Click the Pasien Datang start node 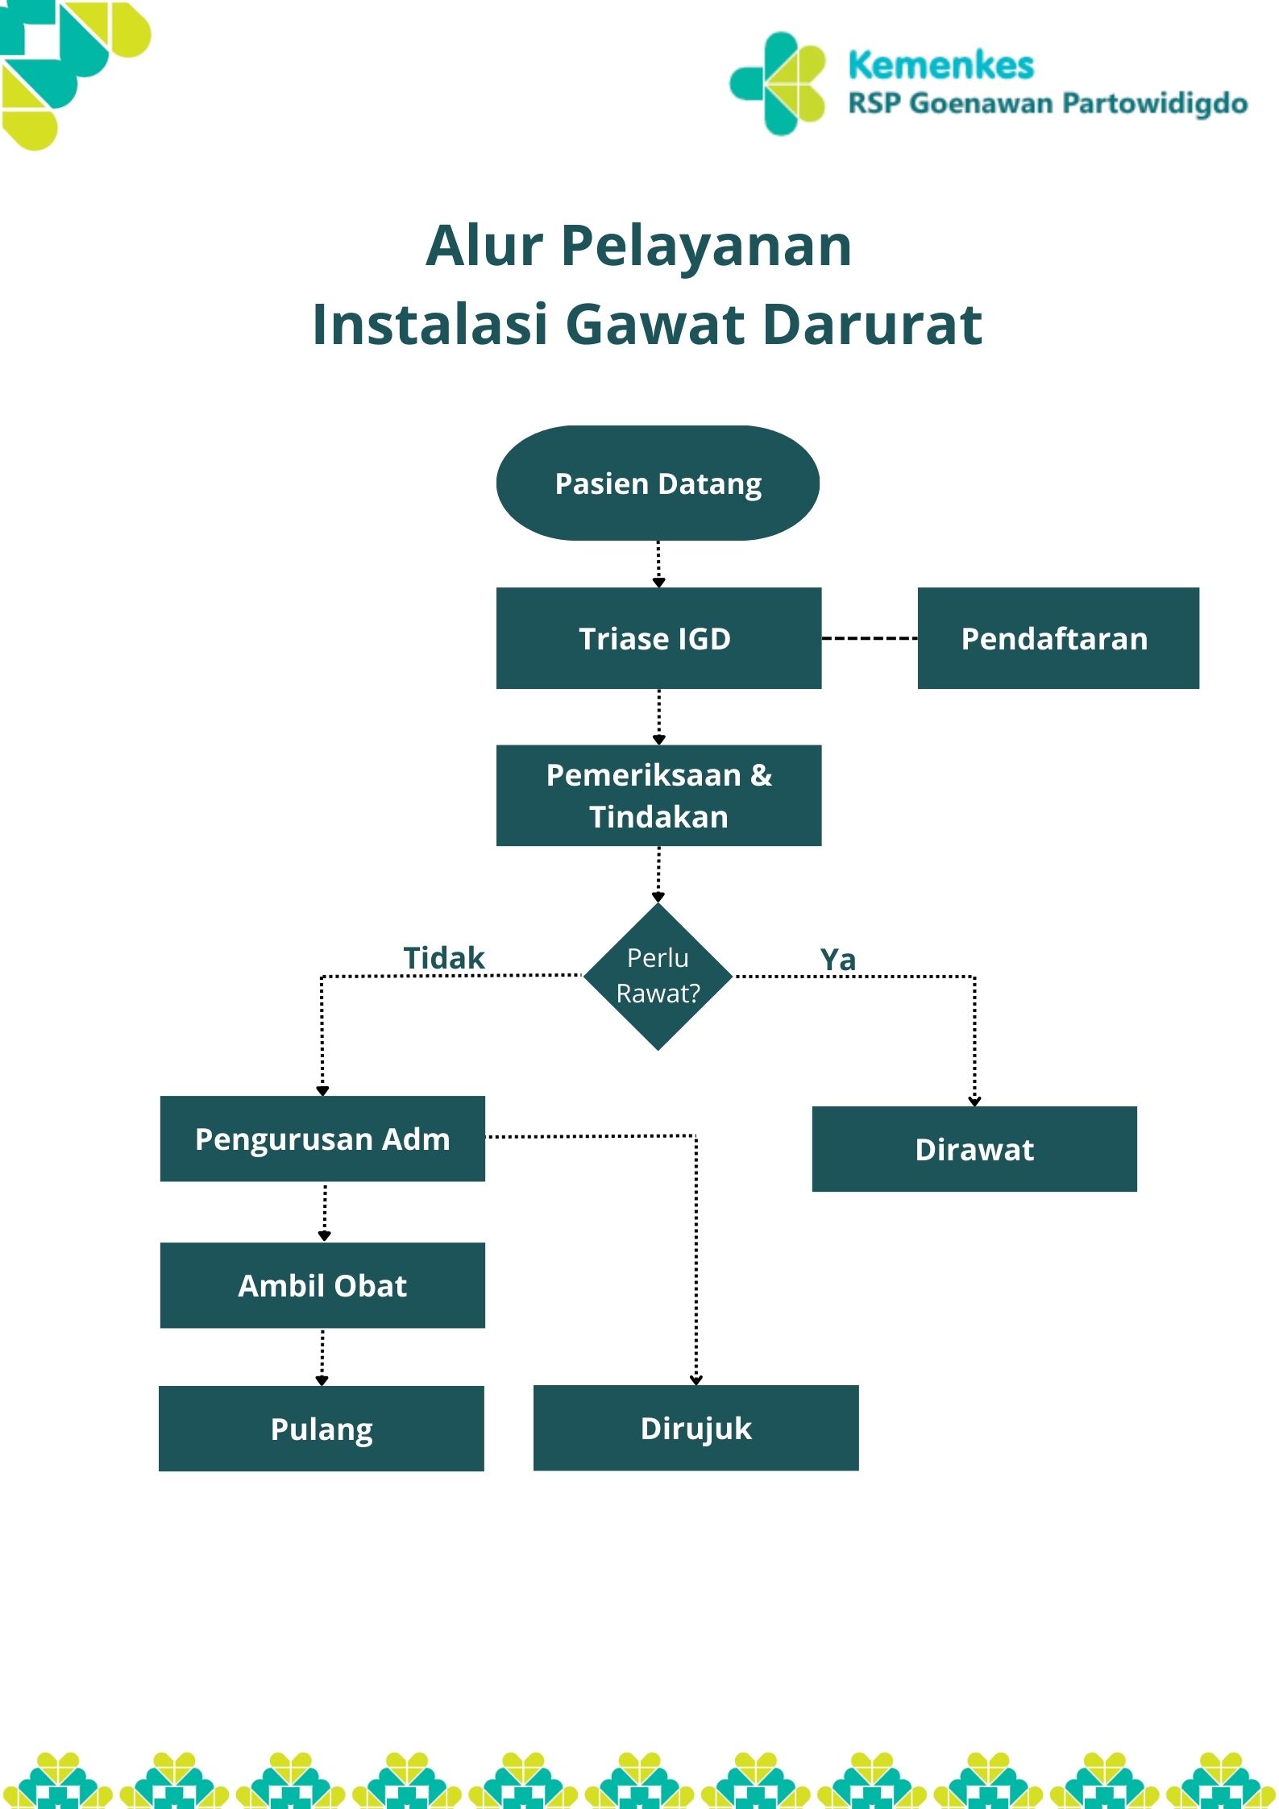click(x=658, y=483)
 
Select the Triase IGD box click(x=658, y=638)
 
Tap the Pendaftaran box click(x=1057, y=638)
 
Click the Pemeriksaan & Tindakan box click(x=658, y=795)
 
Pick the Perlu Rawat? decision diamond click(x=658, y=976)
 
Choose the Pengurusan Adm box click(x=322, y=1139)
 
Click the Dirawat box click(x=974, y=1149)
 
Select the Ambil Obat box click(x=322, y=1285)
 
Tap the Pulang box click(x=322, y=1429)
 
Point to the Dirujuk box click(x=696, y=1428)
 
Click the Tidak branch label click(x=444, y=958)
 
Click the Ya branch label click(x=837, y=960)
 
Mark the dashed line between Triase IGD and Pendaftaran click(x=869, y=638)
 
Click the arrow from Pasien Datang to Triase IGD click(x=658, y=563)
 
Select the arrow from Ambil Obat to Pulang click(x=322, y=1357)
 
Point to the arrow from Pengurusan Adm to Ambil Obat click(x=325, y=1211)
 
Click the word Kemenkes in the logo click(x=941, y=65)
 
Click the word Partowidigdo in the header click(x=1154, y=104)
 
